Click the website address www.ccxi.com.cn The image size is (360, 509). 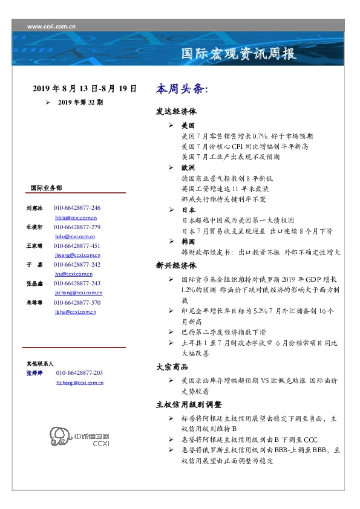point(51,27)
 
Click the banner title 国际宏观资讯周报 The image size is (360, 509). point(239,54)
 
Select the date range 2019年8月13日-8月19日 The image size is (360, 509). point(85,89)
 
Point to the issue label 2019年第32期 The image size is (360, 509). point(80,102)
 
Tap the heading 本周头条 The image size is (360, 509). point(182,89)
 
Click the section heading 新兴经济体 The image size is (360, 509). point(176,265)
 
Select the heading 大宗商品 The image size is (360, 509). point(172,367)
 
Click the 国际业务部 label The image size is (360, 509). point(45,188)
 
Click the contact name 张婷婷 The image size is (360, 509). point(34,374)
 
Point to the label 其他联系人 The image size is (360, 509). point(39,364)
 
